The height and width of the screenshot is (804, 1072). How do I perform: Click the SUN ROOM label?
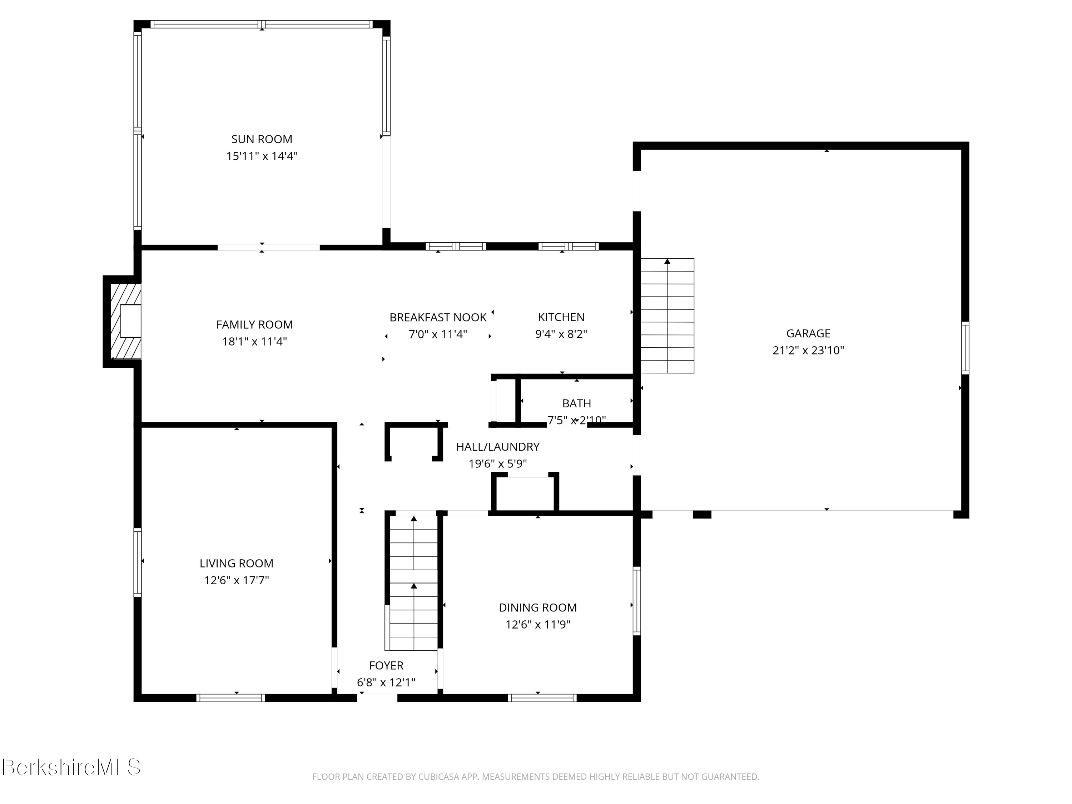pyautogui.click(x=261, y=139)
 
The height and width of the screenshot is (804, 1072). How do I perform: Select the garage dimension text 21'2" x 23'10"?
pyautogui.click(x=808, y=351)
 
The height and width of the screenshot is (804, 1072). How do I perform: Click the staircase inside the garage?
pyautogui.click(x=667, y=316)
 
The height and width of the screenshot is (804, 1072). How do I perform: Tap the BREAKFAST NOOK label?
pyautogui.click(x=438, y=317)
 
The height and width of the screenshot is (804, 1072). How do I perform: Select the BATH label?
pyautogui.click(x=576, y=403)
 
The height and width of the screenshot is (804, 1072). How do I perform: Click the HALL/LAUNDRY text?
pyautogui.click(x=497, y=447)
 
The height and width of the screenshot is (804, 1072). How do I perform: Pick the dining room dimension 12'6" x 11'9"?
pyautogui.click(x=537, y=625)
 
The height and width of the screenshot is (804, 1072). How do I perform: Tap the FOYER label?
pyautogui.click(x=386, y=665)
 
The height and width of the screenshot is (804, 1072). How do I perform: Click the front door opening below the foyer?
pyautogui.click(x=377, y=698)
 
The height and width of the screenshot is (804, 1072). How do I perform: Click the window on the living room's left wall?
pyautogui.click(x=138, y=562)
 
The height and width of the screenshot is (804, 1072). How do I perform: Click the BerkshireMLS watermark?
pyautogui.click(x=71, y=768)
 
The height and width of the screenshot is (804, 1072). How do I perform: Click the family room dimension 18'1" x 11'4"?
pyautogui.click(x=254, y=342)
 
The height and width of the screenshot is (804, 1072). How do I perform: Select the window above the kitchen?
pyautogui.click(x=568, y=246)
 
